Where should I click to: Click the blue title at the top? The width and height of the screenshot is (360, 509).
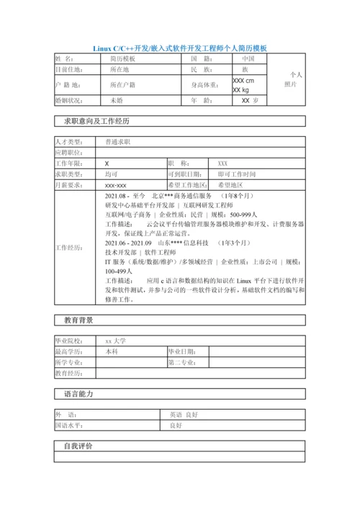(x=180, y=48)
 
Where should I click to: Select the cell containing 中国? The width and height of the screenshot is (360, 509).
(x=248, y=58)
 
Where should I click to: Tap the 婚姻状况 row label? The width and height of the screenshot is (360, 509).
(x=69, y=101)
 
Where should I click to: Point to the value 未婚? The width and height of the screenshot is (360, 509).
(x=117, y=101)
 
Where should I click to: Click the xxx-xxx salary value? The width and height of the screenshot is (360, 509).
(x=116, y=185)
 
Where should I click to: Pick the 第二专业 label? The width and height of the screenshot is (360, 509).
(x=182, y=363)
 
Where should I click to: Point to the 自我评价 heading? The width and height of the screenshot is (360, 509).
(x=78, y=447)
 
